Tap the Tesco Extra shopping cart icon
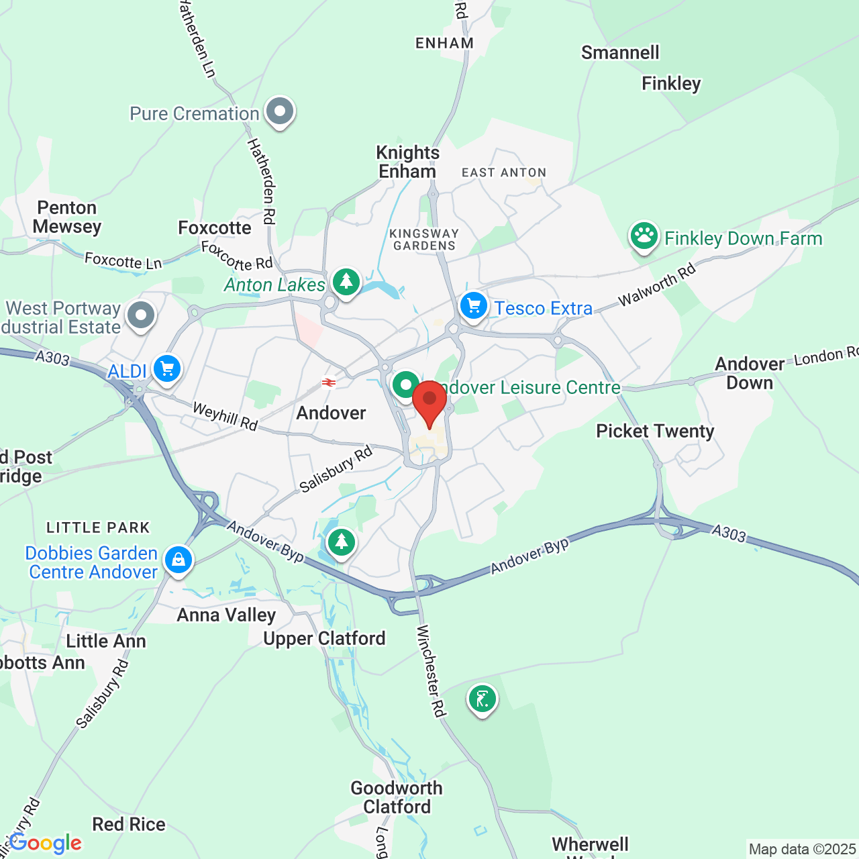pos(474,306)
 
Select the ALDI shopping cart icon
pos(167,368)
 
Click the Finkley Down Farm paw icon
pos(644,236)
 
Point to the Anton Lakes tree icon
pos(346,283)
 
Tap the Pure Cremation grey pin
pos(280,111)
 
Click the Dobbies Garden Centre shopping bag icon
pos(178,558)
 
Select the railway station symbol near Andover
pos(328,383)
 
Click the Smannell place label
pos(620,52)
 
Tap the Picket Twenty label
pos(655,431)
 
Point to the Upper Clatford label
pos(324,638)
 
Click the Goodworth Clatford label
pos(397,797)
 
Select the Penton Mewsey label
pos(67,217)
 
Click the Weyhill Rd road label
pos(225,416)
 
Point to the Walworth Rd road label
pos(657,286)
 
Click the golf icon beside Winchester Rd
pos(482,699)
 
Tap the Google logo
pos(46,843)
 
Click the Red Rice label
pos(129,824)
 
